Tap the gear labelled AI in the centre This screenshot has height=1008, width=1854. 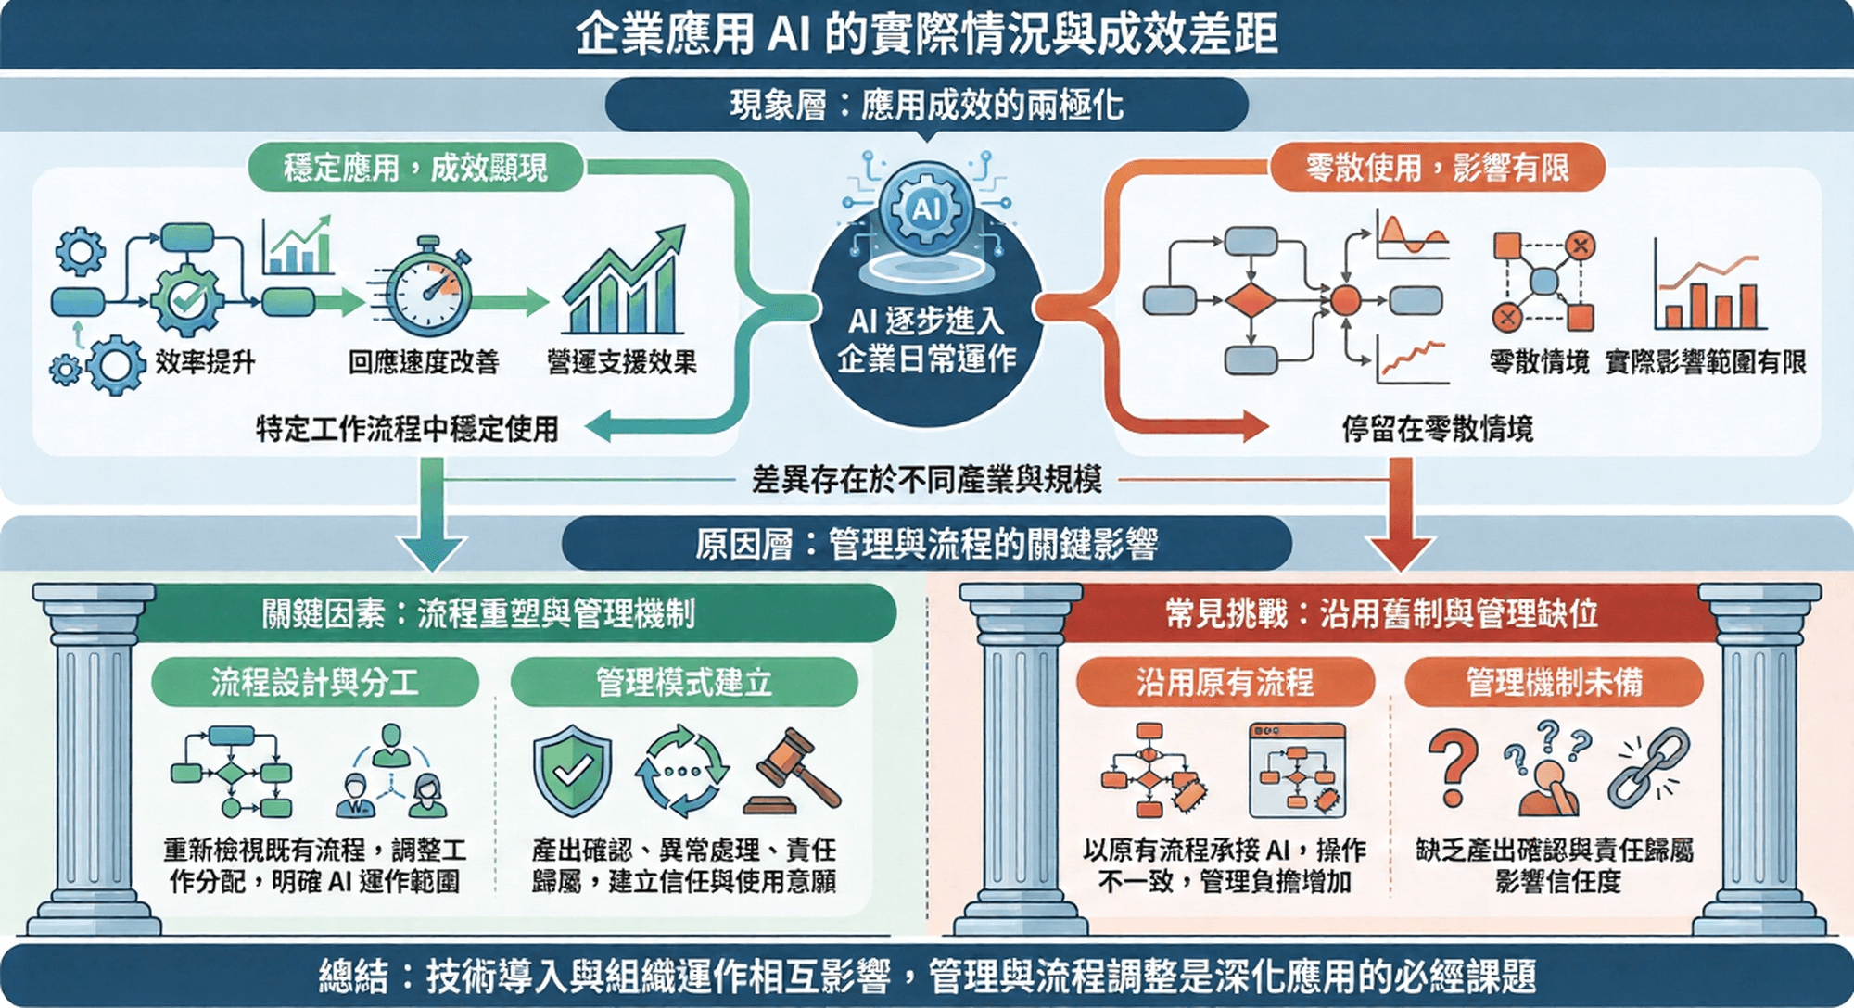tap(926, 208)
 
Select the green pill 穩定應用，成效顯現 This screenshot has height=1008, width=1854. tap(415, 168)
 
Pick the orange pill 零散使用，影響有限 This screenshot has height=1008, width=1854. tap(1437, 168)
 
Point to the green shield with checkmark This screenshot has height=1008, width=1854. tap(572, 769)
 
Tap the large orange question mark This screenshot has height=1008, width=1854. tap(1453, 767)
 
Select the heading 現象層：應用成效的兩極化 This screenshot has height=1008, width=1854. tap(926, 105)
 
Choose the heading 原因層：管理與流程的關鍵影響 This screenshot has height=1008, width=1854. tap(926, 544)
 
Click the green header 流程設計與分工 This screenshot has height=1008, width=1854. tap(315, 683)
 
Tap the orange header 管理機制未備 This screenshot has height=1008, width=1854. tap(1554, 683)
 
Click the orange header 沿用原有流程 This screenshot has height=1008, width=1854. tap(1225, 683)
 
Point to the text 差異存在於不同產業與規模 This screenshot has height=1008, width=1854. tap(926, 480)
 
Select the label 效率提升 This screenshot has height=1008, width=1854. tap(205, 361)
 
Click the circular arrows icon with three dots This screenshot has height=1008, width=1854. tap(682, 771)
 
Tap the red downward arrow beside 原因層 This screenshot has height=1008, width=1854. tap(1401, 519)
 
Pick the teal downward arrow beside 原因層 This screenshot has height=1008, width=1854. tap(432, 519)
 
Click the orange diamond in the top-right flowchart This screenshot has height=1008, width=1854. tap(1251, 301)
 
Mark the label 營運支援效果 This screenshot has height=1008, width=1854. tap(622, 361)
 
